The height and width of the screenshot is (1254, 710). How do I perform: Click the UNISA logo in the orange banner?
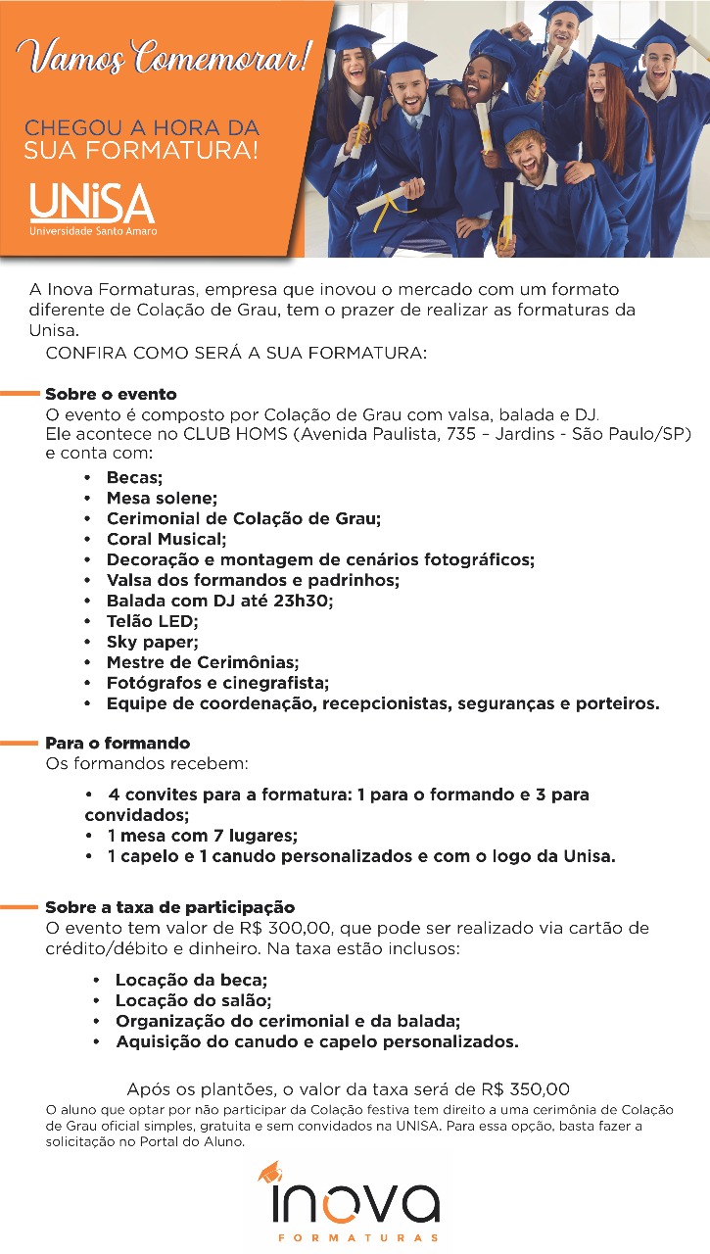point(92,209)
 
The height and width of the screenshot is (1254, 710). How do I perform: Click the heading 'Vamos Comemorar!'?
point(167,57)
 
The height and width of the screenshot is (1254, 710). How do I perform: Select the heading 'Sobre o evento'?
point(111,394)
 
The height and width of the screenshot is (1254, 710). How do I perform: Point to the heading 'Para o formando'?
point(118,744)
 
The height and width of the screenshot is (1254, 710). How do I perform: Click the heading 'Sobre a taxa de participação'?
point(169,907)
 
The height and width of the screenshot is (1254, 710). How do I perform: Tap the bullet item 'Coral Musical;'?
point(166,539)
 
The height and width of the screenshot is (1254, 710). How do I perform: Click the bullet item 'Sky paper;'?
point(152,642)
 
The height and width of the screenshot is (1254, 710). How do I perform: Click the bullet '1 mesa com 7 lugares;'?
point(202,836)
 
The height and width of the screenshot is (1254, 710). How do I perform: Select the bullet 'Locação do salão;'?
point(193,1000)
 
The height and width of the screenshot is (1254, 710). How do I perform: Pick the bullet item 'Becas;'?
point(134,478)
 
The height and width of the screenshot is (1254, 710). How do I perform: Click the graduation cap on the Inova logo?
point(272,1172)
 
